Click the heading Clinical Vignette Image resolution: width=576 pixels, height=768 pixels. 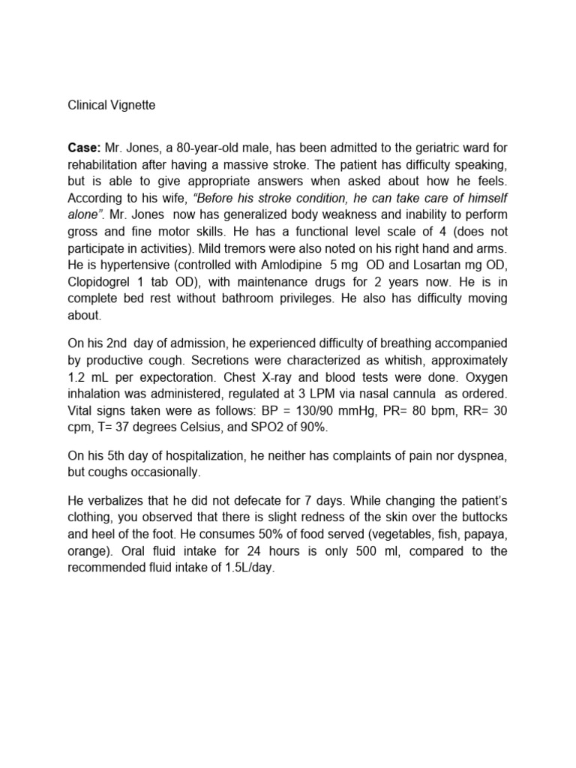112,106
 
